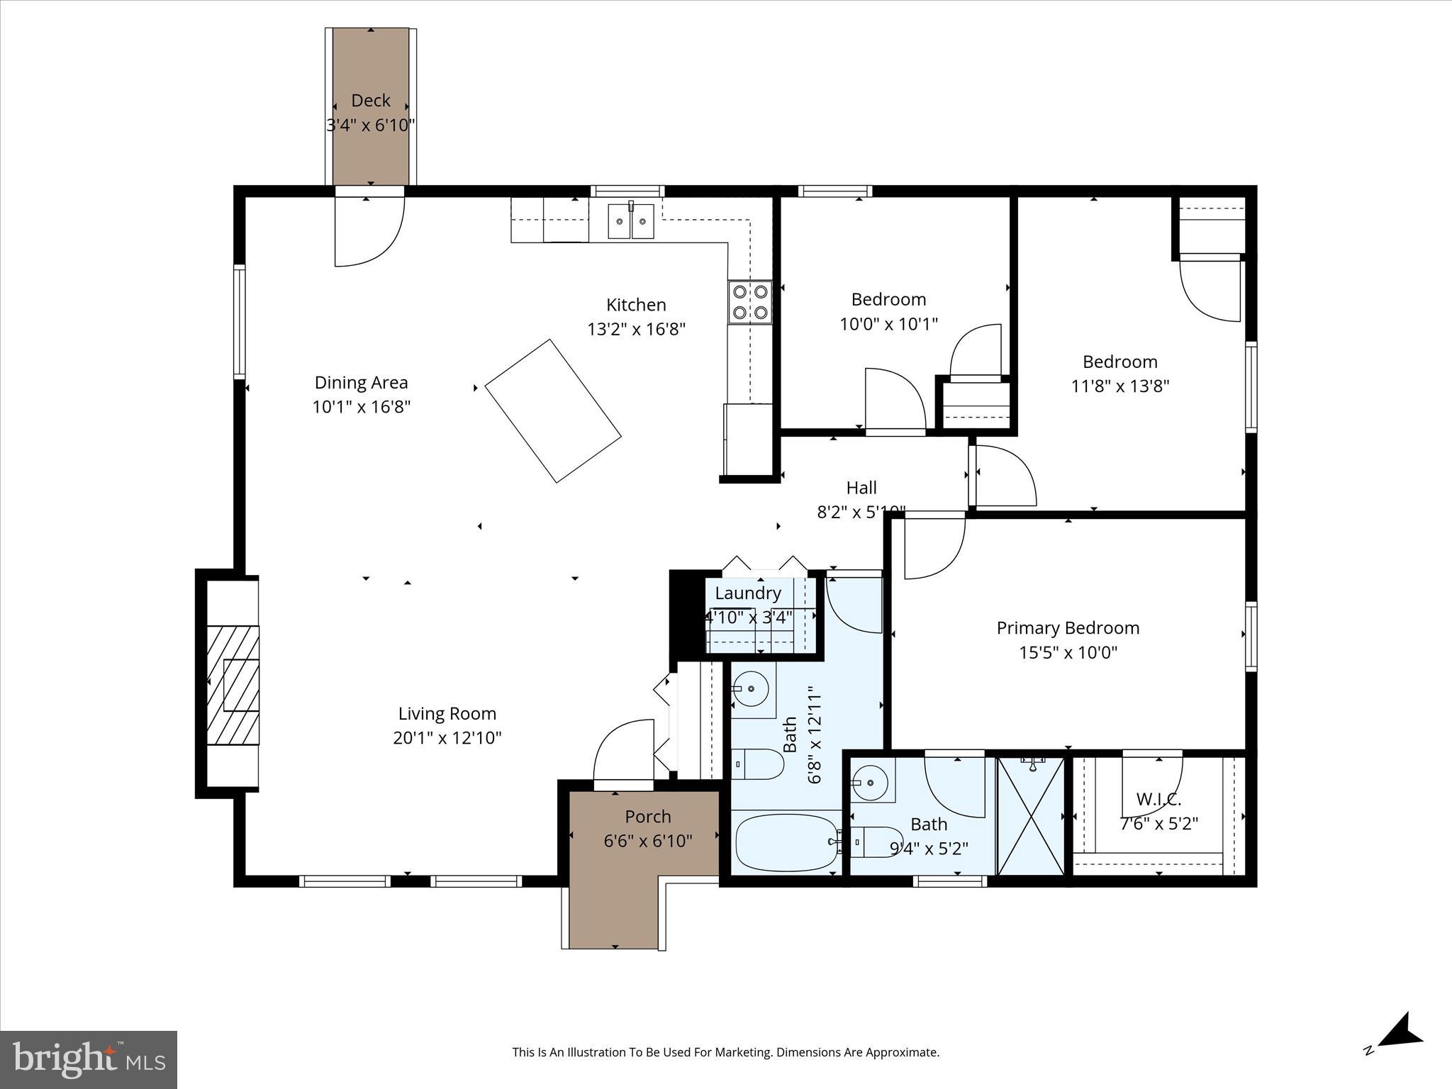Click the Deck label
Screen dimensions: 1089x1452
click(371, 101)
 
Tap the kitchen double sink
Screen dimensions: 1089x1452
click(631, 221)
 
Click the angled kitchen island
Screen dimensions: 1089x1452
click(553, 411)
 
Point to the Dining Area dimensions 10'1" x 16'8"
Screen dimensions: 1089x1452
click(362, 407)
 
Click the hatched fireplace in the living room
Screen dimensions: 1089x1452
click(233, 685)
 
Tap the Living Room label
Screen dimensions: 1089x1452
click(447, 713)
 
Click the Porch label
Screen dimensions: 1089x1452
click(647, 817)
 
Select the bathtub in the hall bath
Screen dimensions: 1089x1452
click(786, 842)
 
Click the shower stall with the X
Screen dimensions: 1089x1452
click(1031, 816)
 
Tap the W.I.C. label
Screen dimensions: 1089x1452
click(1158, 800)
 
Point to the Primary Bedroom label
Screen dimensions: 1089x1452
click(1068, 628)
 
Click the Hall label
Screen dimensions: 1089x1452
click(861, 488)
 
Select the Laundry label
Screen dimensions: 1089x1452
click(748, 593)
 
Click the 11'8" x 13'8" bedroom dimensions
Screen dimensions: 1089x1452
click(1119, 386)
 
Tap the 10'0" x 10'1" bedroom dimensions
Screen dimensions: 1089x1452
click(888, 324)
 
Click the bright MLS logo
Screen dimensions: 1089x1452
click(89, 1060)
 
